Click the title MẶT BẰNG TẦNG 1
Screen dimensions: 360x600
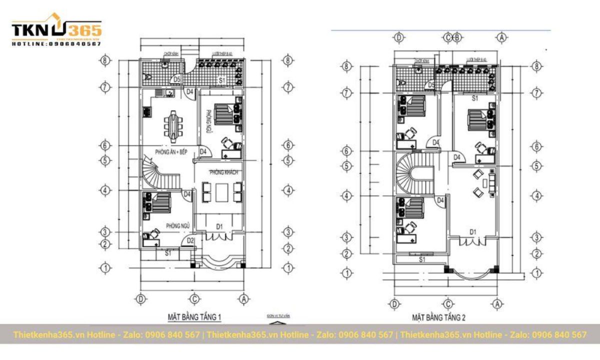194,317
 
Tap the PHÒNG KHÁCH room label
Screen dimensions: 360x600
223,172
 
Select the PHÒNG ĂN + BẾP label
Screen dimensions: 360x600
170,151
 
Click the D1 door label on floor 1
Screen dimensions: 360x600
219,227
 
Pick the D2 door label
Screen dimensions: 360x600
190,241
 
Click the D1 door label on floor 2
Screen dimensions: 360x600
472,231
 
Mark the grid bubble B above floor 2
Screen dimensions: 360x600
456,37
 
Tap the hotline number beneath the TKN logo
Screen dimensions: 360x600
56,44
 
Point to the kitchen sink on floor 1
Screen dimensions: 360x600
169,92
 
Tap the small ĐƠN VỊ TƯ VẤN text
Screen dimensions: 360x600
278,316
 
